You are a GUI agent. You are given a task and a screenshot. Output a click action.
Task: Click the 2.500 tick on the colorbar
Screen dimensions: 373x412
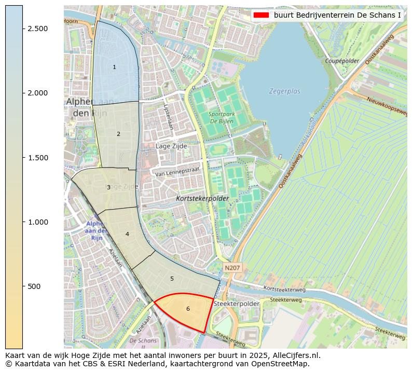[38, 29]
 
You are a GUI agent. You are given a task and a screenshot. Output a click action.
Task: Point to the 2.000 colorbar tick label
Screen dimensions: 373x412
[38, 93]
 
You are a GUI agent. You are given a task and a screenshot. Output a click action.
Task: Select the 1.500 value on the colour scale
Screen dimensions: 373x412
[38, 158]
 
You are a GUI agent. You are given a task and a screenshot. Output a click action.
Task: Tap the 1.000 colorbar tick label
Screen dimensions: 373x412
[38, 222]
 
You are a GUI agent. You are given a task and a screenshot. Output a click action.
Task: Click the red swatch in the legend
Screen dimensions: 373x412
[261, 15]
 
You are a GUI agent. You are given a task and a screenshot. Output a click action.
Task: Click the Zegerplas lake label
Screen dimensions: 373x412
[284, 91]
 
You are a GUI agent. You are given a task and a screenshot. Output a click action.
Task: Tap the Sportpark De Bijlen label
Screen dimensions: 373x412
[221, 118]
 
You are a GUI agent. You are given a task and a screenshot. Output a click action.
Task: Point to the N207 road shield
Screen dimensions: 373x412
[232, 267]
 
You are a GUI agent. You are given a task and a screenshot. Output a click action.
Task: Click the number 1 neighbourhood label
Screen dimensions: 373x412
[114, 67]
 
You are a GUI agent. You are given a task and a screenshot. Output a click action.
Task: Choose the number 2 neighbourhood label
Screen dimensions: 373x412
[118, 134]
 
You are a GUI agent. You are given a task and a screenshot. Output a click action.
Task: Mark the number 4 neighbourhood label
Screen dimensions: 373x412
[127, 234]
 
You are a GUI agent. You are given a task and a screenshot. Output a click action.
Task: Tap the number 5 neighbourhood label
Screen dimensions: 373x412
[172, 279]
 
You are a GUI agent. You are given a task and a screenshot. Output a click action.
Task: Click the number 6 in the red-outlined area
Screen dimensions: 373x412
[188, 309]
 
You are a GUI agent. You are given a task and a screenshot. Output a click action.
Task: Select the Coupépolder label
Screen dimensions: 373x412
[342, 61]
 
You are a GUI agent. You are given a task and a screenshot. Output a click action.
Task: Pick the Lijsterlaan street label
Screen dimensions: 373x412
[168, 117]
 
